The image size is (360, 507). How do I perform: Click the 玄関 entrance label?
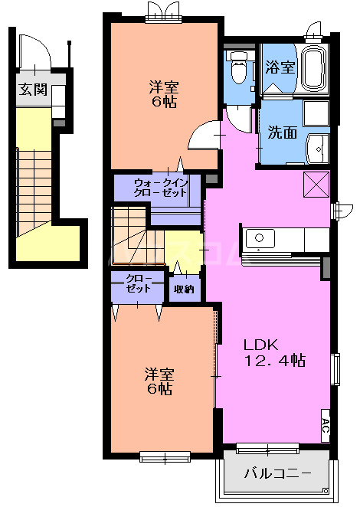[x=34, y=89]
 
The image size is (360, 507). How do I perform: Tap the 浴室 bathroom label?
[x=280, y=67]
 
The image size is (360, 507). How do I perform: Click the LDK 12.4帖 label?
[x=274, y=352]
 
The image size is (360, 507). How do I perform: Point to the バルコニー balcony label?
[x=277, y=473]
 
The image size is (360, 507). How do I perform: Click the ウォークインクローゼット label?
[x=159, y=188]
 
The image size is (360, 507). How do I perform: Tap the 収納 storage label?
[x=184, y=289]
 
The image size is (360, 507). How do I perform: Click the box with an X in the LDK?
[x=316, y=185]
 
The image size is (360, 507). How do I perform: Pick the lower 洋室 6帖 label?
[x=160, y=381]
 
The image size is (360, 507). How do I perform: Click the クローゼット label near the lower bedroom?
[x=138, y=283]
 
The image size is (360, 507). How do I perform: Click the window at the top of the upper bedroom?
[x=165, y=15]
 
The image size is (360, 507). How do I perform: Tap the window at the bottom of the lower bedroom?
[x=165, y=457]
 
